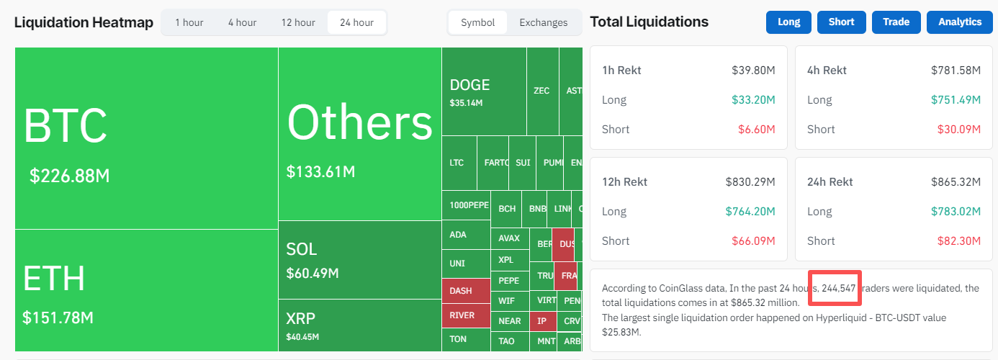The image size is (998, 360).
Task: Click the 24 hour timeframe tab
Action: (x=356, y=22)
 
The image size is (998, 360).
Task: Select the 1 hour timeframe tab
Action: (x=189, y=22)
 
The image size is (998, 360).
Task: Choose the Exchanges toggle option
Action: (x=543, y=22)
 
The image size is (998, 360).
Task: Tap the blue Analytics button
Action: (x=960, y=22)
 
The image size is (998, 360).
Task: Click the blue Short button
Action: (x=841, y=22)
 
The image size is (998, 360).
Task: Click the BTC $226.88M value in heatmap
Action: (x=69, y=176)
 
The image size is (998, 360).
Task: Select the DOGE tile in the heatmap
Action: (x=469, y=85)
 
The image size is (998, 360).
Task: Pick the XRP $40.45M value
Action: (x=302, y=336)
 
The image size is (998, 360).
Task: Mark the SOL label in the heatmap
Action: (x=302, y=249)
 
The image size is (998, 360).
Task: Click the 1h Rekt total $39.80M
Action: (x=753, y=71)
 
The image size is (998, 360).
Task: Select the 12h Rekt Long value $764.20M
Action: (x=750, y=212)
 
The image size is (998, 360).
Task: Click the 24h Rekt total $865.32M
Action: (x=956, y=182)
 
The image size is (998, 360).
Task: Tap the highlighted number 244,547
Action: (x=838, y=288)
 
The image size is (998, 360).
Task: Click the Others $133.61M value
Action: (x=320, y=172)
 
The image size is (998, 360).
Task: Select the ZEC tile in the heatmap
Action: (x=541, y=91)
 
